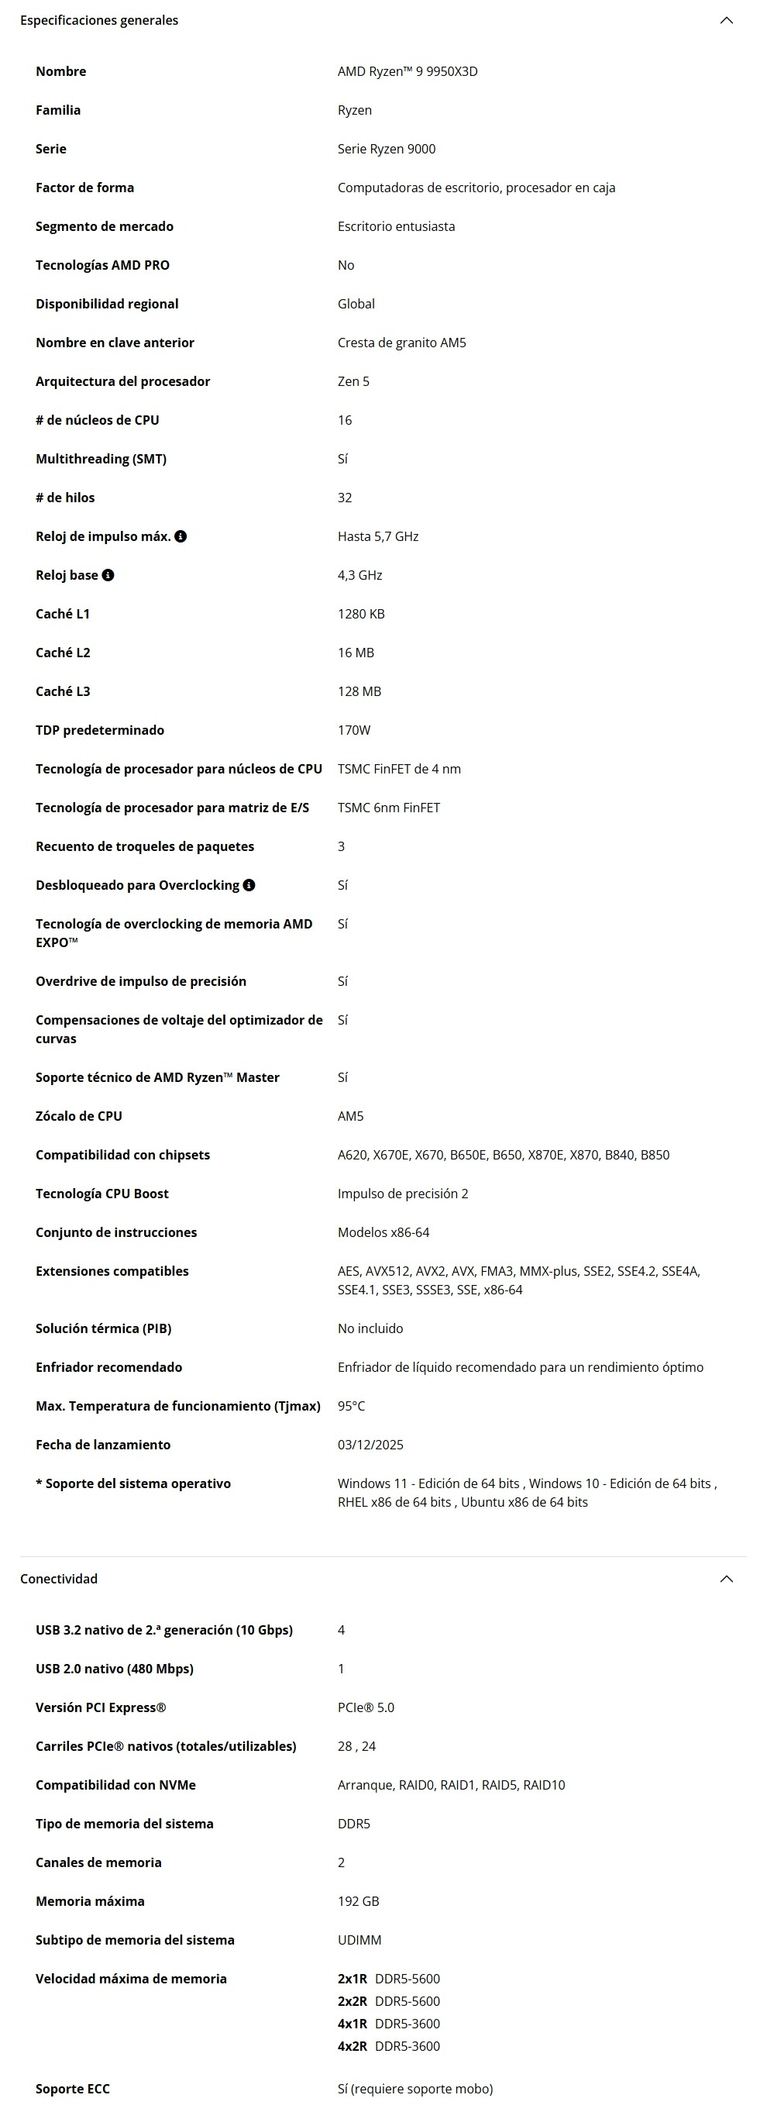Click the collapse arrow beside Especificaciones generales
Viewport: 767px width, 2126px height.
(726, 21)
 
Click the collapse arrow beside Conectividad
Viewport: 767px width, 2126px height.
(726, 1579)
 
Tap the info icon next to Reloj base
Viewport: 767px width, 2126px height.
(108, 575)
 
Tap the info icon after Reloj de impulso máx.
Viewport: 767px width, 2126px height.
(181, 536)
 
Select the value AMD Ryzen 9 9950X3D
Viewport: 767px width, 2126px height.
(408, 72)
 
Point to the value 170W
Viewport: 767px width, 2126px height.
(354, 730)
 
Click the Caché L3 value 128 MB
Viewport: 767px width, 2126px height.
(359, 691)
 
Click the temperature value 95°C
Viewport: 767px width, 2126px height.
(350, 1406)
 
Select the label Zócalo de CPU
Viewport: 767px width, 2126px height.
(78, 1117)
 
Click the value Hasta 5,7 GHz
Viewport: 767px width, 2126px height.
(378, 536)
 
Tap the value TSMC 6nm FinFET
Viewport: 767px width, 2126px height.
(388, 808)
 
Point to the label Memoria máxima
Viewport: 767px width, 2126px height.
(90, 1901)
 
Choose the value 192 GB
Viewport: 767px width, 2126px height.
(358, 1901)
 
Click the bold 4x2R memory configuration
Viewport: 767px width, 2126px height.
(353, 2046)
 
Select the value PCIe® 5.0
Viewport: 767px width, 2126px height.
(366, 1707)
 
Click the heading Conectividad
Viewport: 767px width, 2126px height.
(59, 1579)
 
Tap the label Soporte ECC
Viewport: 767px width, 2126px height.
(73, 2089)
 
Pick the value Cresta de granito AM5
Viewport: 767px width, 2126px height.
(401, 343)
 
